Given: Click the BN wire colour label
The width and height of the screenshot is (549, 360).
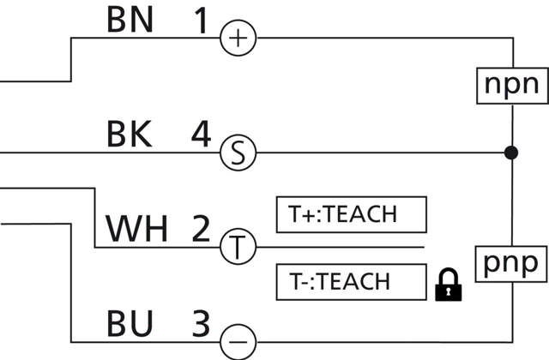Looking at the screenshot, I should coord(130,21).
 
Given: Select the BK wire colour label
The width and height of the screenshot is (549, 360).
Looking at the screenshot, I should coord(130,135).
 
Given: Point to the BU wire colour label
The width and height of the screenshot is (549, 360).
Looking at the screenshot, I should coord(130,324).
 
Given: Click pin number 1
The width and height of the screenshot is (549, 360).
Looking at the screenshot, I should coord(201,21).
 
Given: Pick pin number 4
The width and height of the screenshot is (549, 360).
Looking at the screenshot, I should coord(201,135).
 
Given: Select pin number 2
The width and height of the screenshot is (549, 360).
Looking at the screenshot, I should coord(201,229).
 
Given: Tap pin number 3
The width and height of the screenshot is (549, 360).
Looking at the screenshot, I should coord(199,324).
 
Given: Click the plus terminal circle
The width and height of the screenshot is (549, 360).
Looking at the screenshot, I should coord(238,38).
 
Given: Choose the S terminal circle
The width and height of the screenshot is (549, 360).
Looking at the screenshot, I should coord(238,153).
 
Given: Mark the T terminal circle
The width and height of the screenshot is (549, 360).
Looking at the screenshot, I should coord(238,248).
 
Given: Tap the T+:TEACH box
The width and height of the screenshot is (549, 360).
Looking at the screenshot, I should coord(351,215).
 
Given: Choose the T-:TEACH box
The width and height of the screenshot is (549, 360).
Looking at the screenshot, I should coord(351,281).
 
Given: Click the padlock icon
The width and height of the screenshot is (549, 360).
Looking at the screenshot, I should coord(448,285).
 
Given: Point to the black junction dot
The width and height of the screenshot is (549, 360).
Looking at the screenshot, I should coord(511,153).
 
